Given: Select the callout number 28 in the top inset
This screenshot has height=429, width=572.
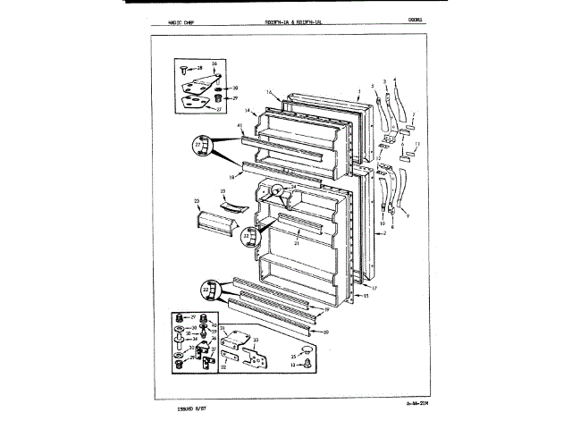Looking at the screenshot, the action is (199, 68).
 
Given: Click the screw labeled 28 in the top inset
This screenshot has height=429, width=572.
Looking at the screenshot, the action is (184, 69).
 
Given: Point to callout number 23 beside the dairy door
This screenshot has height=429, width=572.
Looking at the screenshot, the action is (196, 202).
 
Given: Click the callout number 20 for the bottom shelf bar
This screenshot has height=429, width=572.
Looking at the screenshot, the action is (325, 332).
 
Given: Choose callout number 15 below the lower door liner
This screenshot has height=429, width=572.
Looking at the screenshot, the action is (366, 294).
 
